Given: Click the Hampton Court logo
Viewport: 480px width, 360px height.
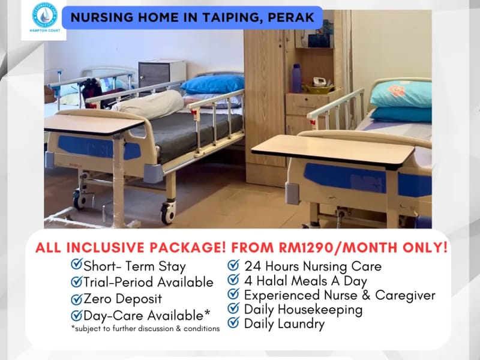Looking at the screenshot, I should [x=44, y=19].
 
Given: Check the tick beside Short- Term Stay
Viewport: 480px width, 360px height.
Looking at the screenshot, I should [x=77, y=265].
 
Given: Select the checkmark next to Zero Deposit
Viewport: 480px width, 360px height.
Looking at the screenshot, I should [x=77, y=299].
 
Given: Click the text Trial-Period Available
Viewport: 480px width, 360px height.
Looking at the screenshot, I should [x=148, y=282].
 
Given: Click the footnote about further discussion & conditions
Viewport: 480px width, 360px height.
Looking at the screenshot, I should [x=145, y=328].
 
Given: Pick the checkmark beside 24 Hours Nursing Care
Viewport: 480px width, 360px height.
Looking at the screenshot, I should [x=233, y=265].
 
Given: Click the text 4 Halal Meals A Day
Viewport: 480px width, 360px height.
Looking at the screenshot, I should [x=305, y=280].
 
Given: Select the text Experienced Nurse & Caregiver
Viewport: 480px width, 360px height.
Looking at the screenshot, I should [x=340, y=295].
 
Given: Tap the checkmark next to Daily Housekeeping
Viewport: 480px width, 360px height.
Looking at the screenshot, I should [x=233, y=310].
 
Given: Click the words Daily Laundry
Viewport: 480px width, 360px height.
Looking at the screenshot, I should [x=284, y=324].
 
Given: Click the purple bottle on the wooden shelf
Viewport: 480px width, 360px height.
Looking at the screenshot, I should [x=296, y=78].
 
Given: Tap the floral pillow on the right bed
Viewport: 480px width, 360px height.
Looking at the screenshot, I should [x=401, y=94].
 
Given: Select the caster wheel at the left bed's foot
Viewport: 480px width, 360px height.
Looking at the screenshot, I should [x=167, y=212].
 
